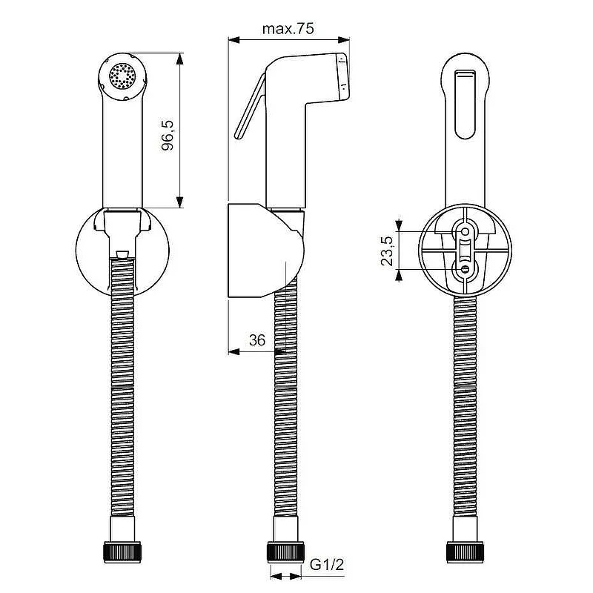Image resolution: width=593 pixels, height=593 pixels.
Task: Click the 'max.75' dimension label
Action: point(288,29)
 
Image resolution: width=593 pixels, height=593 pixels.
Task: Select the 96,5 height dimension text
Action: point(168,136)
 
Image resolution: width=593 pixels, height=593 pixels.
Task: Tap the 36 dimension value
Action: point(257,340)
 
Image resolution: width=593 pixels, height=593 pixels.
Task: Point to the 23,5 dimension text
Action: point(387,251)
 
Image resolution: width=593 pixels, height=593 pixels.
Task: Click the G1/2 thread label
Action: point(327,565)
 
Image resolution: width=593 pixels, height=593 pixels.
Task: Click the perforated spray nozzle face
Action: point(122,76)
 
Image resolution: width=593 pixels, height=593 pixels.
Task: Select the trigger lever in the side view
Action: point(250,107)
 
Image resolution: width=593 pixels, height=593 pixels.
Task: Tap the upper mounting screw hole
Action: point(466,231)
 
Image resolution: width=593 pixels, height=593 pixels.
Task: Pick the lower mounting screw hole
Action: point(466,269)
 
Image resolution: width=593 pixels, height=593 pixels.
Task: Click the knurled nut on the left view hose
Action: point(122,552)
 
